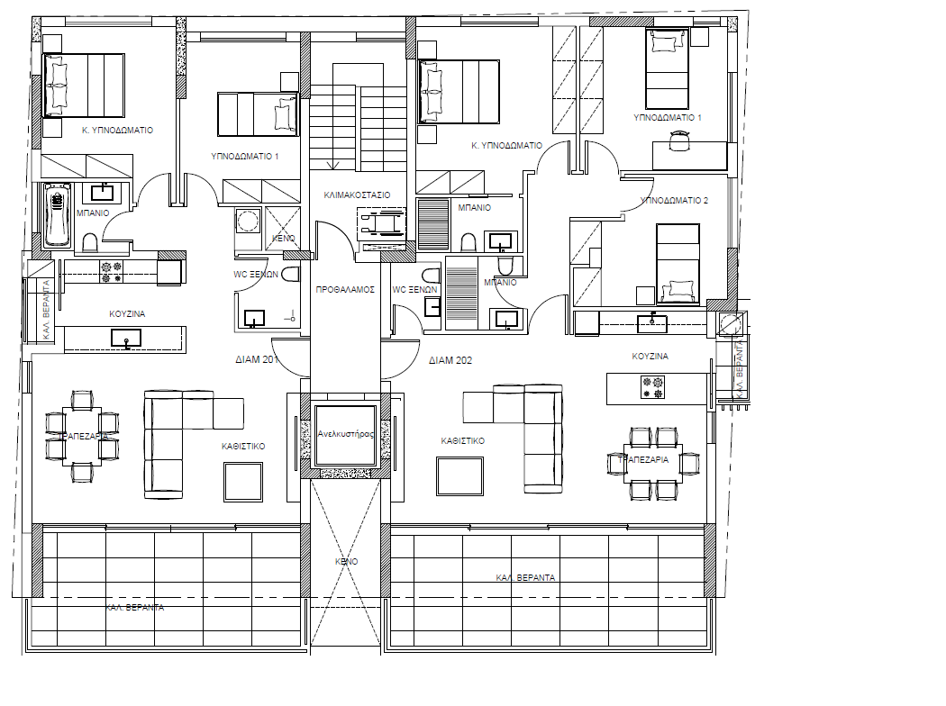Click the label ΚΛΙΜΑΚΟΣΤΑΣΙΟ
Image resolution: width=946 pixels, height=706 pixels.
[357, 194]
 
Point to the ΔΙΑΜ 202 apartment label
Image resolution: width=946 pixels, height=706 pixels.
[450, 359]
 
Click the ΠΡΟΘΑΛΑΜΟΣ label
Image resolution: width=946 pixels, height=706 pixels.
[344, 290]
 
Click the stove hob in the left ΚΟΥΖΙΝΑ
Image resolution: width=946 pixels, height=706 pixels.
[112, 271]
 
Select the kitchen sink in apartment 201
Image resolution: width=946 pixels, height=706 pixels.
[125, 338]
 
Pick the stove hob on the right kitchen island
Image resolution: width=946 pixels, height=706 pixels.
[651, 388]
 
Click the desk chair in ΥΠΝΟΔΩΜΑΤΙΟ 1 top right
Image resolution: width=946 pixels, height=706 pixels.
[678, 139]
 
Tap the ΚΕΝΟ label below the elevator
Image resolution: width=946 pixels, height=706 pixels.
[347, 561]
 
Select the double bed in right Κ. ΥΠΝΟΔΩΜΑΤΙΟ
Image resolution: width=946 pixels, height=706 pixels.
[459, 91]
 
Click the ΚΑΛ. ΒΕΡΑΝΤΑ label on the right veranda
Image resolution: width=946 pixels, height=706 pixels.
[526, 577]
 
